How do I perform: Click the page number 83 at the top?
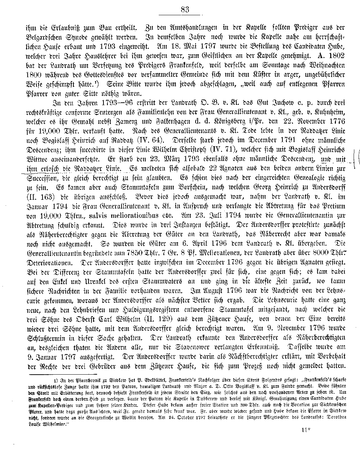click(x=185, y=10)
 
